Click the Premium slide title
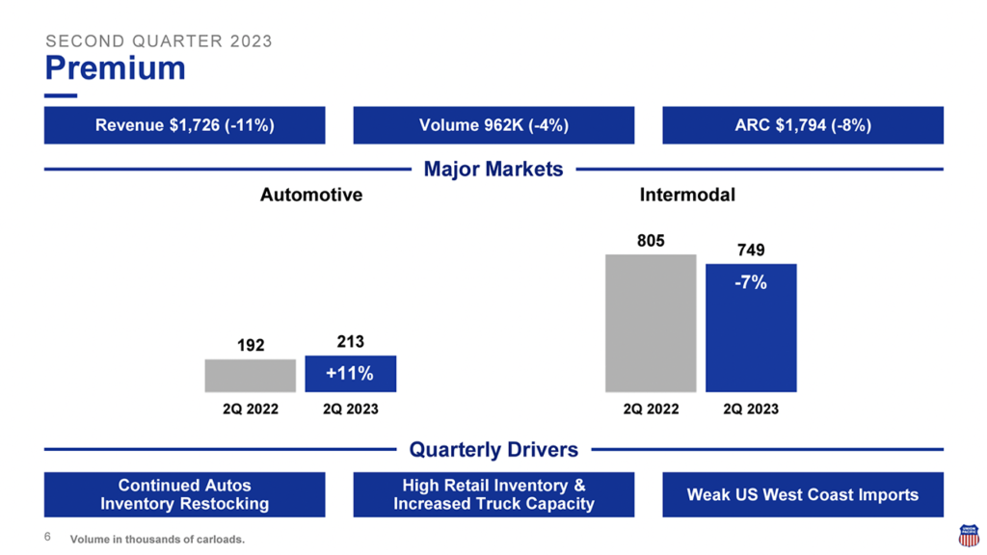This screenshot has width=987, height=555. coord(115,68)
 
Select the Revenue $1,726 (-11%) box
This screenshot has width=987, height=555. coord(184,125)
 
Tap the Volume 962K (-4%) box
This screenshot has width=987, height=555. coord(493,125)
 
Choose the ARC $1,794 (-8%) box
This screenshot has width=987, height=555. coord(802,125)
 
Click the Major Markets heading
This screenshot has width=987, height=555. coord(493,170)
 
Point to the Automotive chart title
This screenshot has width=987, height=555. coord(311,195)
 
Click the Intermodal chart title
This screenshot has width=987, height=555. coord(687,195)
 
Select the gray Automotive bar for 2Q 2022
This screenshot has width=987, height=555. coord(251,376)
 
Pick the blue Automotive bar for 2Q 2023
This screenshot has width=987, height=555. coord(351,374)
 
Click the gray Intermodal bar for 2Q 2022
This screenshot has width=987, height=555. coord(651,323)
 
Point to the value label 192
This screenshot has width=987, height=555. coord(251,345)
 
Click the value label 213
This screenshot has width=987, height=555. coord(351,341)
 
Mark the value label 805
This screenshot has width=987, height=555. coord(651,241)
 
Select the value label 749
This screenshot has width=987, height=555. coord(751,251)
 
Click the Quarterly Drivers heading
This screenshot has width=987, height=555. coord(493,450)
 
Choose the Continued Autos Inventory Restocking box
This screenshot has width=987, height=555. coord(184,494)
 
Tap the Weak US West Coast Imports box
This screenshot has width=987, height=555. coord(802,494)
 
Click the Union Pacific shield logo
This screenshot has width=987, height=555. coord(968,536)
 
